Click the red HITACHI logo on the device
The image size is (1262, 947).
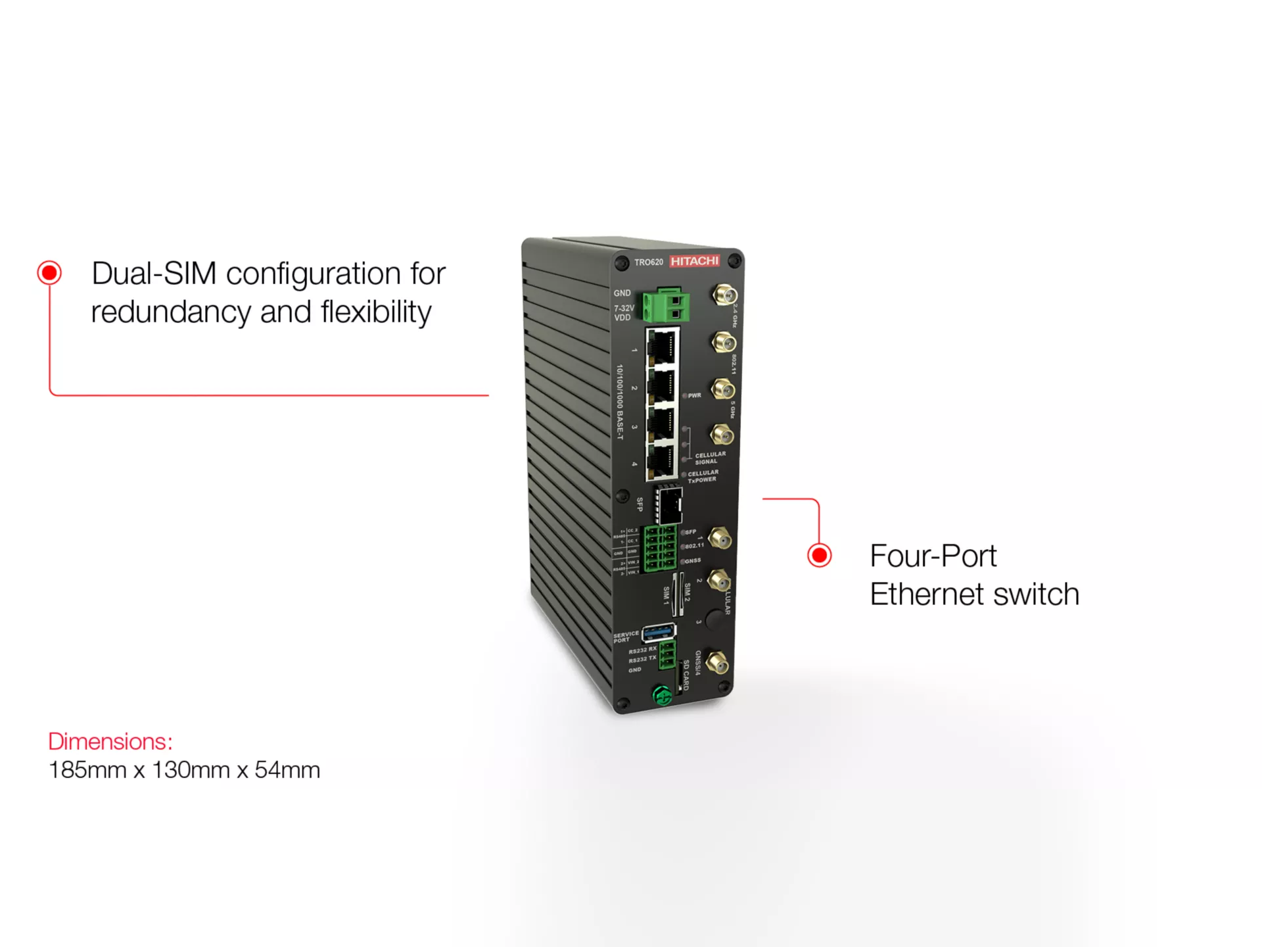click(x=695, y=261)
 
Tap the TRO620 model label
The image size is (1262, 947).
click(x=649, y=262)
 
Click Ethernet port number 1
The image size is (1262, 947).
click(x=662, y=347)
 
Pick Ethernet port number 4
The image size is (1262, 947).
click(x=661, y=460)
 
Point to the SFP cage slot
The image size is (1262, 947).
click(x=669, y=505)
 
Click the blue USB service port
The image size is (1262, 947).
click(x=659, y=632)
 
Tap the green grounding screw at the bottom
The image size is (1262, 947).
click(x=662, y=694)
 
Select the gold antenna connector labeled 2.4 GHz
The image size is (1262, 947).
click(x=724, y=295)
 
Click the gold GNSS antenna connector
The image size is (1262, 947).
click(x=718, y=663)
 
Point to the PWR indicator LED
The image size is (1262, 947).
click(x=685, y=396)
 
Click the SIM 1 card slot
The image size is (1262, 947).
click(x=674, y=595)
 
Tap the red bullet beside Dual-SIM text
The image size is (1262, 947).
click(x=49, y=273)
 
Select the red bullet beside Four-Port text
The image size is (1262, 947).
click(x=819, y=556)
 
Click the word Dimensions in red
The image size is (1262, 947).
click(x=110, y=742)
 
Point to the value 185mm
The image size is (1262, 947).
click(x=87, y=770)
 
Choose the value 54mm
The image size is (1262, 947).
click(x=287, y=770)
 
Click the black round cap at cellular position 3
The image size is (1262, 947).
click(x=714, y=621)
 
